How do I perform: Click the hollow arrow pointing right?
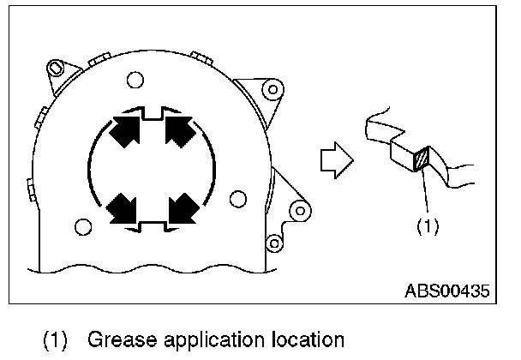(332, 161)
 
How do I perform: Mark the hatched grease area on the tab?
(420, 160)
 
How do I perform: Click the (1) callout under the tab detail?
(427, 226)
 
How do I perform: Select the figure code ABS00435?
(446, 291)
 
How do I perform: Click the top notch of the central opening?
(153, 112)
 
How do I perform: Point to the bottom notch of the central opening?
(153, 225)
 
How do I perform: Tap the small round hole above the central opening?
(134, 81)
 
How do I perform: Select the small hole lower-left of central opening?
(82, 226)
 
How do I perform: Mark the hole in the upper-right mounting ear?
(273, 88)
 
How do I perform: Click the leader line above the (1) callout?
(423, 193)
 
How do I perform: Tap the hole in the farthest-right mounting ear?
(299, 208)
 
